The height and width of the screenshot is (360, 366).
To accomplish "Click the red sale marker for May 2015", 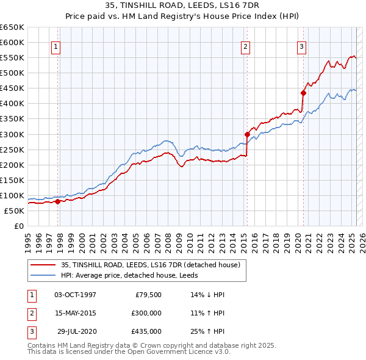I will [247, 134].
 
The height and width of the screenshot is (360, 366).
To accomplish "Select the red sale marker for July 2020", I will [303, 93].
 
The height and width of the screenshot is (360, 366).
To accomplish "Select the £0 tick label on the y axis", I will [18, 226].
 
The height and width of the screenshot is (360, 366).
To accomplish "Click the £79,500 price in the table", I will [148, 295].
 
